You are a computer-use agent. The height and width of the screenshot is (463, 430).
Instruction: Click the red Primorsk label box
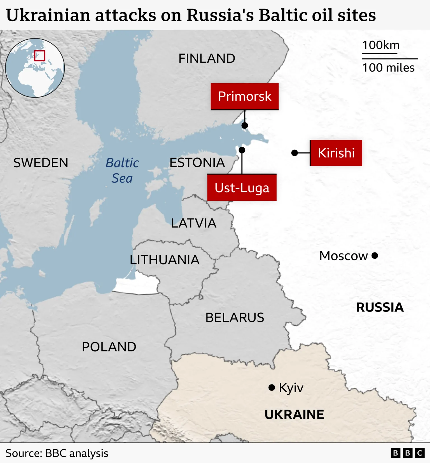pyautogui.click(x=244, y=96)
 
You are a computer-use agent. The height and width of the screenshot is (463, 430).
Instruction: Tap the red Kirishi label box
pyautogui.click(x=336, y=153)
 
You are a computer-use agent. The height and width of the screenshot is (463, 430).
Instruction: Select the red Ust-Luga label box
pyautogui.click(x=242, y=187)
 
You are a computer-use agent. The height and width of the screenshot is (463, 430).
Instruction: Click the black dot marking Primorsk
pyautogui.click(x=245, y=126)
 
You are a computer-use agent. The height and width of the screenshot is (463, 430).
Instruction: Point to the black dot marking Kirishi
pyautogui.click(x=295, y=153)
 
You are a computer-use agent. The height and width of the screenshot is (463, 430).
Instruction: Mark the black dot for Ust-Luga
pyautogui.click(x=242, y=150)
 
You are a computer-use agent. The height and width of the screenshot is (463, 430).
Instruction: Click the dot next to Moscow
pyautogui.click(x=375, y=256)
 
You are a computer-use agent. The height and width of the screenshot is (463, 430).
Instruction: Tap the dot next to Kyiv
pyautogui.click(x=272, y=388)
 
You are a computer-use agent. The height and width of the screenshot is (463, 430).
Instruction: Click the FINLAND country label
pyautogui.click(x=207, y=58)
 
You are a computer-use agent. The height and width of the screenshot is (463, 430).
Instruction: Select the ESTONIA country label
pyautogui.click(x=197, y=163)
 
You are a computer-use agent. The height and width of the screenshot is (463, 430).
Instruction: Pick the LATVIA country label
pyautogui.click(x=194, y=223)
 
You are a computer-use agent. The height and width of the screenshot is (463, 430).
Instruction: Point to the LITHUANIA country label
pyautogui.click(x=165, y=260)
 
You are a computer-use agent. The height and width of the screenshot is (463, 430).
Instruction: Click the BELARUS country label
pyautogui.click(x=235, y=318)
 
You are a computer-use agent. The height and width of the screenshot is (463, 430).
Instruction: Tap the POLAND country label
pyautogui.click(x=109, y=347)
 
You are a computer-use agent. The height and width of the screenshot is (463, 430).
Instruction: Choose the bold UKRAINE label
pyautogui.click(x=294, y=414)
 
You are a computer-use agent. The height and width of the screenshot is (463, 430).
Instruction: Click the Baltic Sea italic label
pyautogui.click(x=122, y=171)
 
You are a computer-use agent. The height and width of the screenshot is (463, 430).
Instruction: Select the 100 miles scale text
pyautogui.click(x=388, y=68)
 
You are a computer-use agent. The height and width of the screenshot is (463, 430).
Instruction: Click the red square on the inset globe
pyautogui.click(x=39, y=55)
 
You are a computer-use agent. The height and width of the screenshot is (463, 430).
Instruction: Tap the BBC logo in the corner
pyautogui.click(x=408, y=453)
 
